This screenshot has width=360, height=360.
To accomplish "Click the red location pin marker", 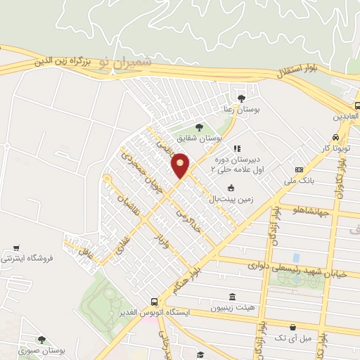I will pyautogui.click(x=181, y=165).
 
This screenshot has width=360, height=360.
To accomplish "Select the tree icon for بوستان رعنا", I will pyautogui.click(x=243, y=98).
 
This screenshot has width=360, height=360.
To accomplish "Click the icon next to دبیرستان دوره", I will pyautogui.click(x=238, y=148).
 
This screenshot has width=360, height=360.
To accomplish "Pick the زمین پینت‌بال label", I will pyautogui.click(x=229, y=199).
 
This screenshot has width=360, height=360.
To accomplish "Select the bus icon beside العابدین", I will pyautogui.click(x=357, y=106).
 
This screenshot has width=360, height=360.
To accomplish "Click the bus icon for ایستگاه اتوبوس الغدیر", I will pyautogui.click(x=153, y=298).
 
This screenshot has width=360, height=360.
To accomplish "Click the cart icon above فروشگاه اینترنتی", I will pyautogui.click(x=15, y=248).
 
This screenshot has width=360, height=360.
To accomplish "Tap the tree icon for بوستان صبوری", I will pyautogui.click(x=41, y=340).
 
